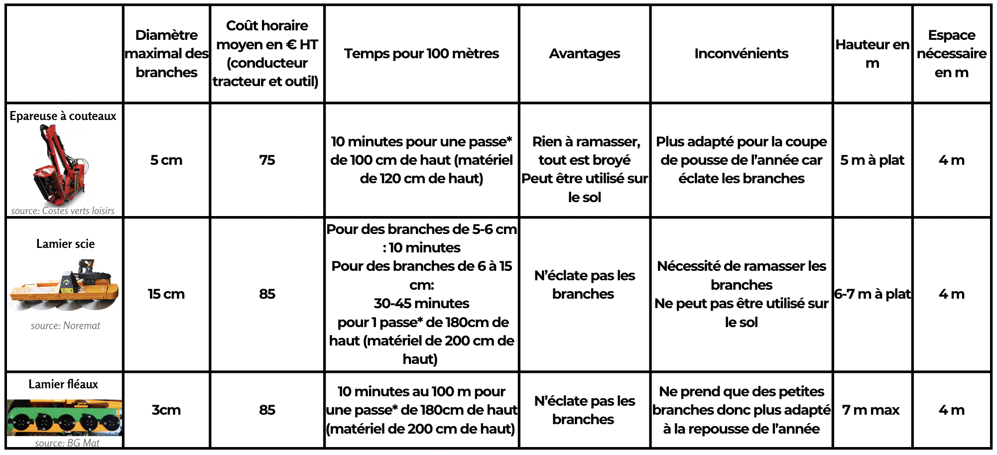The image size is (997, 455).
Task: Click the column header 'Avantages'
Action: click(584, 54)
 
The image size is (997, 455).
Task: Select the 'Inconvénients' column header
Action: click(741, 54)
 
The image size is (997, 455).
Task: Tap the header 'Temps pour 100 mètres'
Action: click(421, 54)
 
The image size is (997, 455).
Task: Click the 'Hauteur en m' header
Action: click(872, 54)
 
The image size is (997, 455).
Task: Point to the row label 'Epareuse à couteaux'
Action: click(63, 116)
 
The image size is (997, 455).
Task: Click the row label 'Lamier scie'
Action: click(65, 244)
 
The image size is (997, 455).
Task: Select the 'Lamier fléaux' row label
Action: click(63, 384)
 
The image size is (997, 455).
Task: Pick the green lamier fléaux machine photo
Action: click(64, 418)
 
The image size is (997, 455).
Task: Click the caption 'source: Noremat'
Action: click(65, 326)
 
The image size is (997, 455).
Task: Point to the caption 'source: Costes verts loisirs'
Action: click(63, 211)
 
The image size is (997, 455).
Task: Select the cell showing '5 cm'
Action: click(166, 160)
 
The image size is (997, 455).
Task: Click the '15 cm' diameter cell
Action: click(166, 294)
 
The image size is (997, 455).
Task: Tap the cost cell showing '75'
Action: click(267, 160)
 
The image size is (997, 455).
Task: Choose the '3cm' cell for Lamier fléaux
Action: click(166, 410)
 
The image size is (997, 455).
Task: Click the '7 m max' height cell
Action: click(871, 410)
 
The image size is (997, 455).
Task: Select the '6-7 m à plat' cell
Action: click(872, 294)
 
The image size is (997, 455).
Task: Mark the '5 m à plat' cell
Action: click(872, 160)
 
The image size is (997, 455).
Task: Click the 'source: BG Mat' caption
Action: click(67, 443)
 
